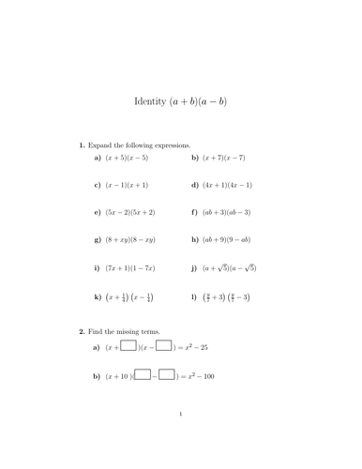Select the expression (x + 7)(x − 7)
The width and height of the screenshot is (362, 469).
pyautogui.click(x=225, y=159)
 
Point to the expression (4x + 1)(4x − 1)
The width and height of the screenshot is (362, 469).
pyautogui.click(x=229, y=186)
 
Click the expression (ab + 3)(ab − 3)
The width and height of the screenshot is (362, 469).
pyautogui.click(x=228, y=213)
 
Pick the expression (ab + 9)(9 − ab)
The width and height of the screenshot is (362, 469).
pyautogui.click(x=228, y=240)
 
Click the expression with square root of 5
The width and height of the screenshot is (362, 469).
pyautogui.click(x=230, y=268)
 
